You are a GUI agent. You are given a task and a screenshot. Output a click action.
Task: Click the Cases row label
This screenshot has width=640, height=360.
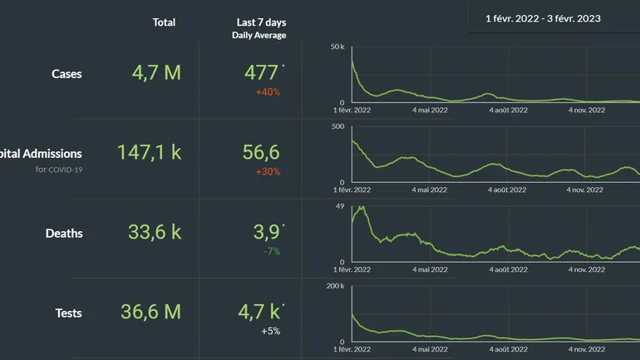click(66, 74)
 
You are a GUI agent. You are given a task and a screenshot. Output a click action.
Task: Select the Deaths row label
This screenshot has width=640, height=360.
click(64, 234)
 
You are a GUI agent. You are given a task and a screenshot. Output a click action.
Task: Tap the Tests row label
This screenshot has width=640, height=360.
click(68, 313)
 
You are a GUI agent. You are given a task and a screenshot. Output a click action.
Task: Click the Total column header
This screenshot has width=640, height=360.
click(164, 22)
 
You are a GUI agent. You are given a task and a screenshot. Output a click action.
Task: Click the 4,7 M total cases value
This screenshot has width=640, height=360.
click(156, 72)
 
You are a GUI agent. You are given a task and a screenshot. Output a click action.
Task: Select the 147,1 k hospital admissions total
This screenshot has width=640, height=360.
click(149, 152)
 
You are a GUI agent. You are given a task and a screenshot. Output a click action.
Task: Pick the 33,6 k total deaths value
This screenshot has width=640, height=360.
click(155, 232)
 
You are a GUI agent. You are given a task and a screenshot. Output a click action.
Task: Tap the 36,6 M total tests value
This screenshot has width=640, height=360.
click(150, 312)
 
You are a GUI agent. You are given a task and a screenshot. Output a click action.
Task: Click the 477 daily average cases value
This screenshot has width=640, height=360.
click(261, 72)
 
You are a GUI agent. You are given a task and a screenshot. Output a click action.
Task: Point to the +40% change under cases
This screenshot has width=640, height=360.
click(268, 91)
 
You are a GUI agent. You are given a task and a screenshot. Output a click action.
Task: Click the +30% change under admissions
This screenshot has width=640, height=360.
click(268, 171)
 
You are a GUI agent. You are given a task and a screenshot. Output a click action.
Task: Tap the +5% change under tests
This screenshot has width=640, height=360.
click(269, 331)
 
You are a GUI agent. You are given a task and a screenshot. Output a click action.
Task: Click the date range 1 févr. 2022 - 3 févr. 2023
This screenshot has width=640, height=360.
click(543, 17)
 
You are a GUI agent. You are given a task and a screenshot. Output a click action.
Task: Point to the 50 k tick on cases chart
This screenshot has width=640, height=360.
click(337, 47)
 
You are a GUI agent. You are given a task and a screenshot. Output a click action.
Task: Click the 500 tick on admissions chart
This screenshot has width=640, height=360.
click(337, 126)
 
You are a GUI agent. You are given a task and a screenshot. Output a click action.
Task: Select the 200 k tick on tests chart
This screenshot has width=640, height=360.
click(336, 286)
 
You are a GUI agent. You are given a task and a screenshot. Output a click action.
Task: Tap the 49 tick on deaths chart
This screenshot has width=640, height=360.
click(340, 206)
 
